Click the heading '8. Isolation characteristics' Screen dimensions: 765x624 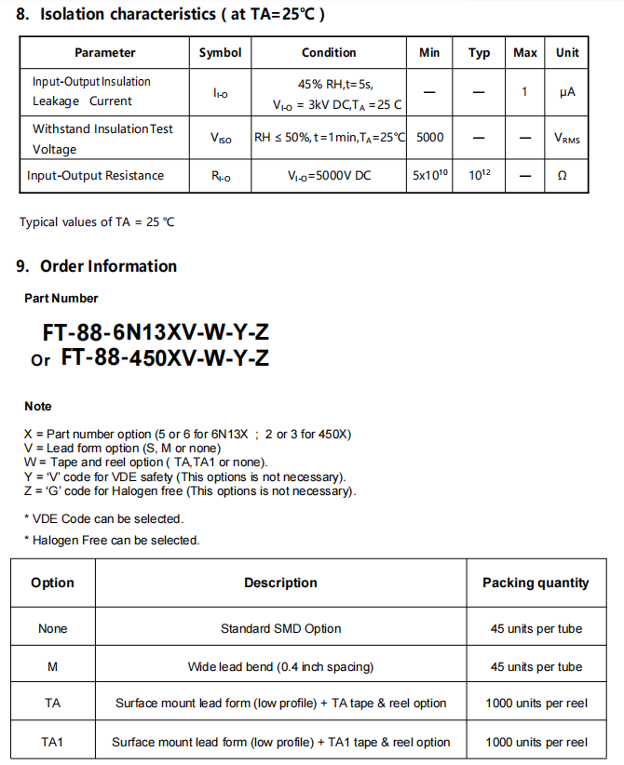(170, 15)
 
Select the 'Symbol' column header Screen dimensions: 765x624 (220, 53)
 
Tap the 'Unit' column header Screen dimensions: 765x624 (567, 53)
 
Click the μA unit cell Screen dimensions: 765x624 (567, 92)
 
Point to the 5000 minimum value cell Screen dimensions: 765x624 (429, 138)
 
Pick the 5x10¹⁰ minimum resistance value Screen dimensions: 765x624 (429, 175)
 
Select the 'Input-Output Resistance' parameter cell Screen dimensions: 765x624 (95, 175)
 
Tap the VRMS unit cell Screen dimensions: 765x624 (566, 139)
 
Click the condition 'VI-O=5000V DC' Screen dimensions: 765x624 (329, 175)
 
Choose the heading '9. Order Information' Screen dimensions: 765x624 (96, 266)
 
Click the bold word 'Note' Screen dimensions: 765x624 (38, 406)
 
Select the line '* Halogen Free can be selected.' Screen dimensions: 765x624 (112, 540)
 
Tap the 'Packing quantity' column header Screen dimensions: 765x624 (536, 583)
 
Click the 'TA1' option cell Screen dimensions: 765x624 (52, 742)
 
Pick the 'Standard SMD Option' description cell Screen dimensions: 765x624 (280, 628)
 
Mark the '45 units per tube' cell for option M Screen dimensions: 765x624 (536, 666)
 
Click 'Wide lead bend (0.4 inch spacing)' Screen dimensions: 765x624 (280, 666)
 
